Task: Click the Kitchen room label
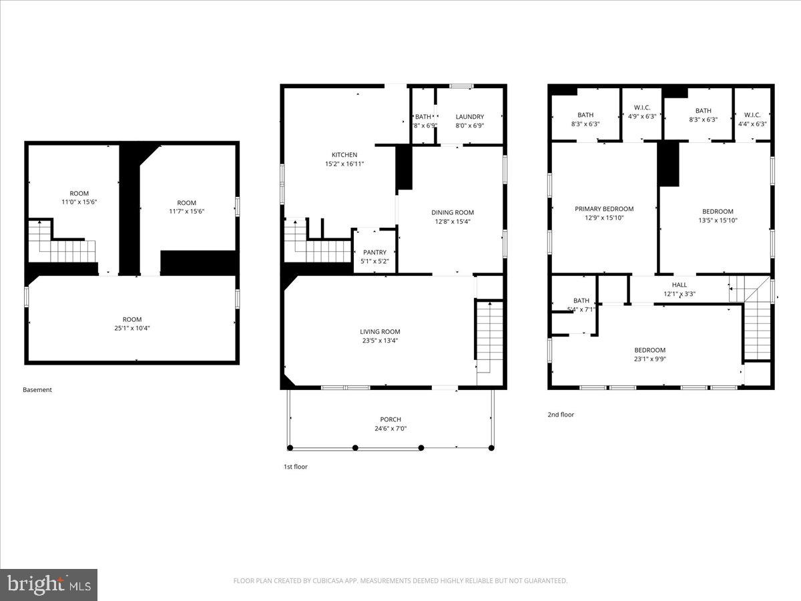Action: (x=344, y=155)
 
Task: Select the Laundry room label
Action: (x=469, y=117)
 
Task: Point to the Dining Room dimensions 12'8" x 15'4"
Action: (x=452, y=222)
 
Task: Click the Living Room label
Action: (x=380, y=332)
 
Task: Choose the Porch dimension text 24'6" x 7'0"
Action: (x=390, y=429)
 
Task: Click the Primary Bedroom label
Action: (x=604, y=209)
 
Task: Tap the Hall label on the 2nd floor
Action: (x=679, y=285)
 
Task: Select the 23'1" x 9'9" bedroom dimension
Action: (x=649, y=359)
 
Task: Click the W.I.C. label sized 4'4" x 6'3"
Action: (x=752, y=115)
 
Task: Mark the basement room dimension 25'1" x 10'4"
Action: (x=131, y=328)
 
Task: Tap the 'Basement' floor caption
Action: (x=37, y=390)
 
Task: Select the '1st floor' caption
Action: (x=296, y=467)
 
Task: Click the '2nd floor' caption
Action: (x=561, y=415)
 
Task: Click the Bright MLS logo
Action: (x=49, y=584)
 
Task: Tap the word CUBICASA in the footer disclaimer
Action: (x=332, y=581)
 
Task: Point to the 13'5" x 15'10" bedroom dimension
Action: (x=718, y=220)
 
